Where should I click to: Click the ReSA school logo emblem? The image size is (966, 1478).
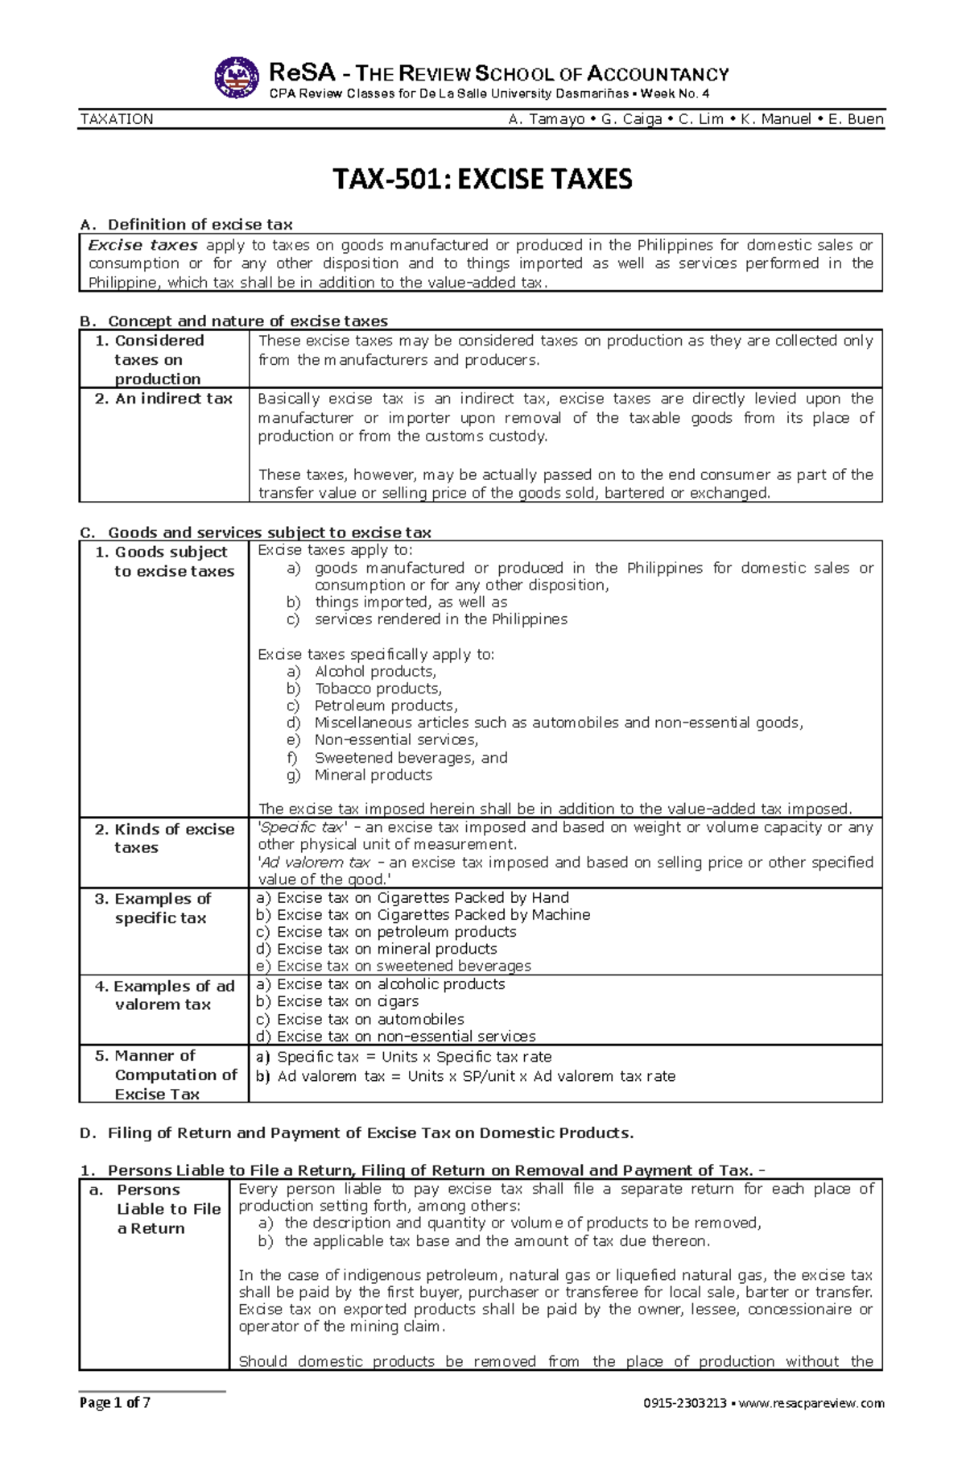point(237,78)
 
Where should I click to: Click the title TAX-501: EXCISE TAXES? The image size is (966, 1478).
point(482,179)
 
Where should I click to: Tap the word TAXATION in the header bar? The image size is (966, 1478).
point(117,119)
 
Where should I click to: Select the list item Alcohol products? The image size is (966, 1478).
point(375,672)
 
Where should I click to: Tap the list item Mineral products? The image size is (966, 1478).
point(373,775)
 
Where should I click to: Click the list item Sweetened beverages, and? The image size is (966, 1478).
point(411,758)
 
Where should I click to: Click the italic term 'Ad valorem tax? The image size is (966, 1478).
point(314,863)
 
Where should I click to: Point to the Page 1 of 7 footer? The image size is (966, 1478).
point(114,1402)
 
